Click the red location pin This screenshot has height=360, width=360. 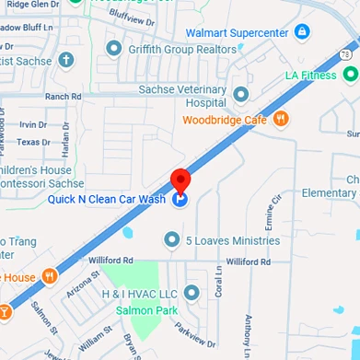(181, 180)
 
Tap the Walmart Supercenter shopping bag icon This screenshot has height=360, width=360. (301, 32)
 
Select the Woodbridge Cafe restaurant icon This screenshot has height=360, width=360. (282, 118)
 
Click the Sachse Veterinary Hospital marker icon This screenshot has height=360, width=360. (241, 94)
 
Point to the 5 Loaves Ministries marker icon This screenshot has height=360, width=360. (170, 240)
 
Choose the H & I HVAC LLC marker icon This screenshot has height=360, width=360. (192, 293)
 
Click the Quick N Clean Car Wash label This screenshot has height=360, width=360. (108, 198)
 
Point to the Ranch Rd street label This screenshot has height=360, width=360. (63, 96)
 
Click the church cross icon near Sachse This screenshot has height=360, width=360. (64, 61)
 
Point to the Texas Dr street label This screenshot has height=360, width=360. (34, 142)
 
